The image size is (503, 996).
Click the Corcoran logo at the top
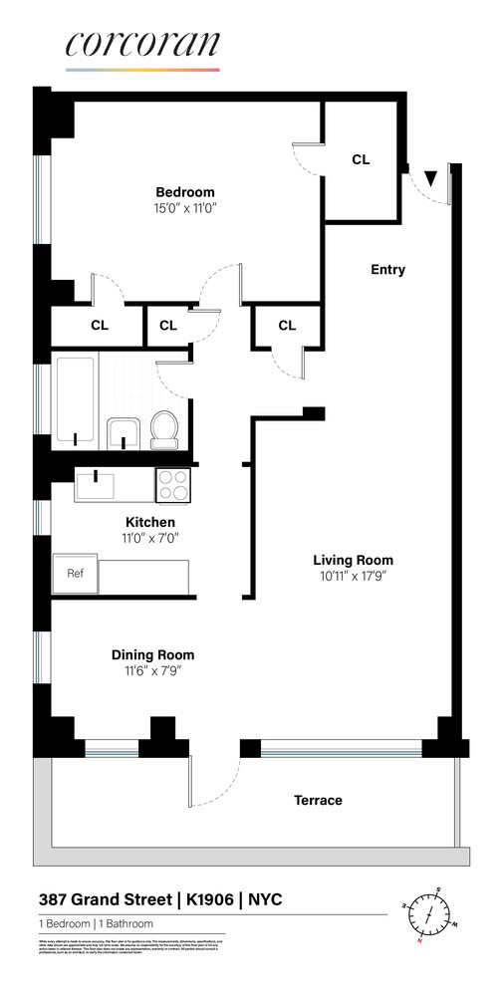[142, 46]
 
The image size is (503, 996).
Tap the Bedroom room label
[184, 192]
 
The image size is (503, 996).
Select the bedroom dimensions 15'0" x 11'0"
[184, 208]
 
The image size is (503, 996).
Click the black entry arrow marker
[430, 178]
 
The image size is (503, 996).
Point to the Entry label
[387, 270]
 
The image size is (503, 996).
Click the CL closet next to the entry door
[361, 159]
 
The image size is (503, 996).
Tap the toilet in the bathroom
[163, 429]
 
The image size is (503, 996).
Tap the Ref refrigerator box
[75, 574]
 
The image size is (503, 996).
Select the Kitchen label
[149, 522]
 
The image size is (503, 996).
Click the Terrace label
[318, 800]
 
